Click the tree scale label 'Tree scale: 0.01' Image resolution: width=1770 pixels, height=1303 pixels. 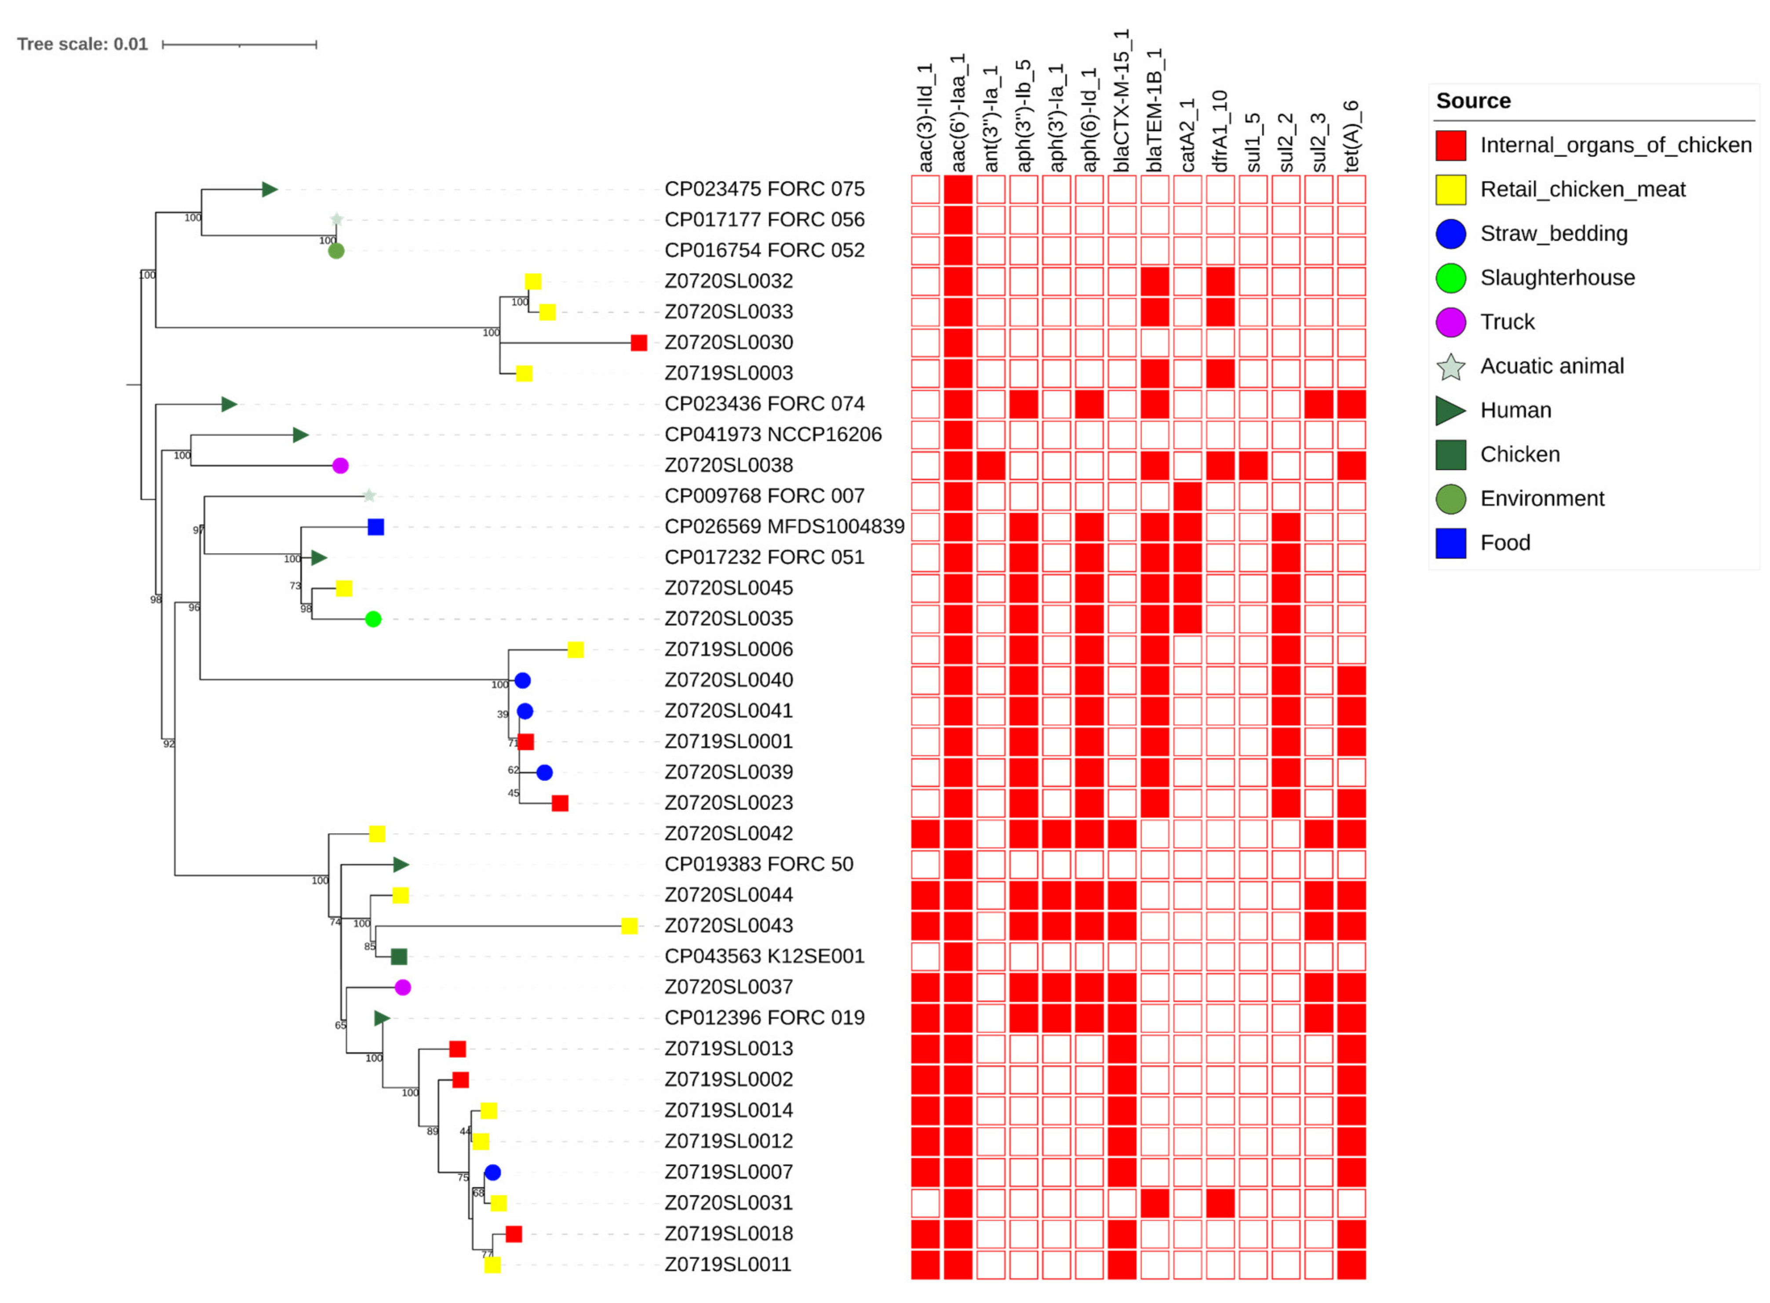82,44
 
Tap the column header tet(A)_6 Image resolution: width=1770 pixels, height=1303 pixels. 1351,136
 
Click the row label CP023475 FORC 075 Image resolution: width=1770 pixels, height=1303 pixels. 764,189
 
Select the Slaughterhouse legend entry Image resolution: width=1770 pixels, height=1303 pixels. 1556,278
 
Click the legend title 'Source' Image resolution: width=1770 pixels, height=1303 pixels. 1472,101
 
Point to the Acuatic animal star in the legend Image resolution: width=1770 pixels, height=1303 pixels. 1450,367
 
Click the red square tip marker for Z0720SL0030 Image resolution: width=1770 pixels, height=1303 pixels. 638,342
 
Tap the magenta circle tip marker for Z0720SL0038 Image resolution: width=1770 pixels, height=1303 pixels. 340,465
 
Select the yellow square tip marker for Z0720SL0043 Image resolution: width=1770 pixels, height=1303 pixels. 629,926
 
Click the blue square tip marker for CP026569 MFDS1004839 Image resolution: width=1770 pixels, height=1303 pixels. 375,527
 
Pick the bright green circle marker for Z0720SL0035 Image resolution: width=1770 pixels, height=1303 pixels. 373,619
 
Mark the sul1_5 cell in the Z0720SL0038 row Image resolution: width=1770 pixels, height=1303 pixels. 1253,465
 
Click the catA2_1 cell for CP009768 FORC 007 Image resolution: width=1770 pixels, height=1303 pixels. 1187,496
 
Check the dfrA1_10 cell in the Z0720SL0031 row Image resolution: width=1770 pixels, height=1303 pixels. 1220,1203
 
